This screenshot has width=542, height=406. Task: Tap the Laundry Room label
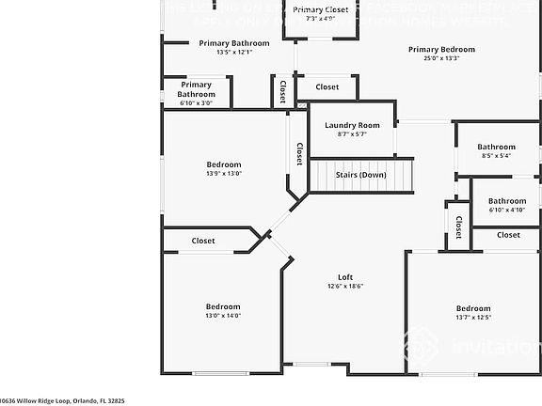352,125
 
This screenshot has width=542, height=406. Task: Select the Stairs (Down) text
361,175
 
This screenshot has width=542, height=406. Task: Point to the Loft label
345,277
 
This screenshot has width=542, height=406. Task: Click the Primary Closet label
321,9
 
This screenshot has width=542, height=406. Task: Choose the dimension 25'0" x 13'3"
441,58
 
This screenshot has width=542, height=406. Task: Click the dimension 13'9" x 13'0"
224,173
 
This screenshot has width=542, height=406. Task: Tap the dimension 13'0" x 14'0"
224,316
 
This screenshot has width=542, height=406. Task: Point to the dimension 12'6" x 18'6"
345,287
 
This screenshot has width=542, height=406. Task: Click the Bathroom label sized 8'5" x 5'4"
496,147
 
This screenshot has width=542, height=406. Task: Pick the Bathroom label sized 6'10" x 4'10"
507,200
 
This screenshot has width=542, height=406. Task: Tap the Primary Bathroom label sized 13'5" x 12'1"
234,43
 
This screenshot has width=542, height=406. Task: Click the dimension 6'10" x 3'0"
196,102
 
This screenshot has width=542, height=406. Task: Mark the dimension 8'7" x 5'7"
352,134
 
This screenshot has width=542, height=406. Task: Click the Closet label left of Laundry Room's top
327,86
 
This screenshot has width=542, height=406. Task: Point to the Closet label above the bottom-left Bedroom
203,241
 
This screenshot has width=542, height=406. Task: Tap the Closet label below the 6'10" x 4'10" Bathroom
508,234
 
